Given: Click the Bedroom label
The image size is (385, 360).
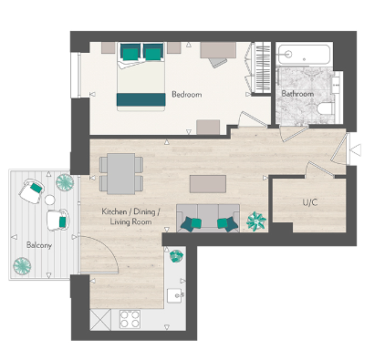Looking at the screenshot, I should tap(186, 95).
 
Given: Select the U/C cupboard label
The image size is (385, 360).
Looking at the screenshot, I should tap(309, 203).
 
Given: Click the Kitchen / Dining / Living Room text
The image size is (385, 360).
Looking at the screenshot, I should tap(130, 219).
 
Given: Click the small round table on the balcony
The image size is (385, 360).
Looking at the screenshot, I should tap(65, 182).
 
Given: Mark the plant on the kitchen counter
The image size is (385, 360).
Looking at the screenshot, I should tap(176, 256).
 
